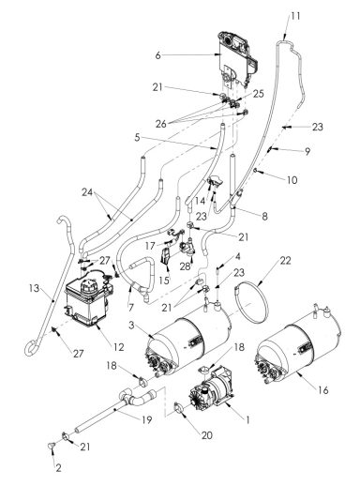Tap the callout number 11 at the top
pos(296,17)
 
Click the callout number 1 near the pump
pos(247,421)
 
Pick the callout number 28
pos(186,266)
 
